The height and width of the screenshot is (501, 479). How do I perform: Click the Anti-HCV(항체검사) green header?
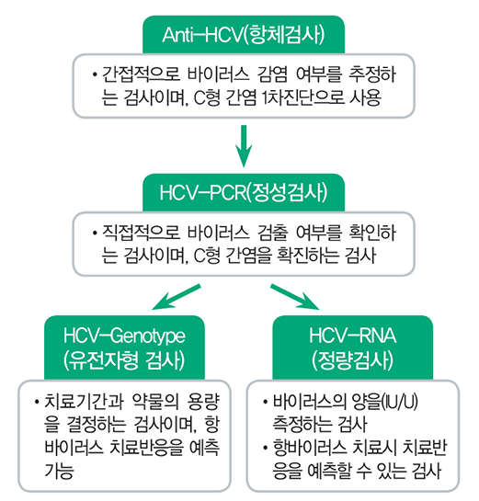[244, 35]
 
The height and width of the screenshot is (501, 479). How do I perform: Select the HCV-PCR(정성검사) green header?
[244, 193]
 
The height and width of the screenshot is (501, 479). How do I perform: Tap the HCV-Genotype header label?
[124, 347]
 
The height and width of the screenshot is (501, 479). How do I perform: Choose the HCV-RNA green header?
[352, 347]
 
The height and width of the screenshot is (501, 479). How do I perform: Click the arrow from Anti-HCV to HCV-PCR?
[244, 145]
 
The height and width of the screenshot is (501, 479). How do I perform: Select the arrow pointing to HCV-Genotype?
[177, 297]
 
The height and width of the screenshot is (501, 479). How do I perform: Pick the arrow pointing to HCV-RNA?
[294, 297]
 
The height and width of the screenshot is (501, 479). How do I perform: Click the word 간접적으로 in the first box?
[141, 74]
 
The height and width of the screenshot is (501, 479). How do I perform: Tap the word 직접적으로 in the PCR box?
[141, 233]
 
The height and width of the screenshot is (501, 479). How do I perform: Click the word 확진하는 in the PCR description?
[308, 256]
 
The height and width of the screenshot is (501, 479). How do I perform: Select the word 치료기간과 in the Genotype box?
[84, 402]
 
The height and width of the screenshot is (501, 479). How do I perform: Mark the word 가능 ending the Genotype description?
[60, 471]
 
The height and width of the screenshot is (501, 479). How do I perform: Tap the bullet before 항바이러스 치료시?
[265, 448]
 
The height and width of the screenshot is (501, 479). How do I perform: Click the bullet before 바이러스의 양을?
[265, 402]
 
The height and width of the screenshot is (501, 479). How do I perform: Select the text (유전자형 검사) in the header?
[124, 360]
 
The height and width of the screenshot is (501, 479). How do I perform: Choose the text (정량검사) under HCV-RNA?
[352, 360]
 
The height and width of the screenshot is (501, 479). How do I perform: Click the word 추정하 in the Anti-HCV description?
[372, 74]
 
